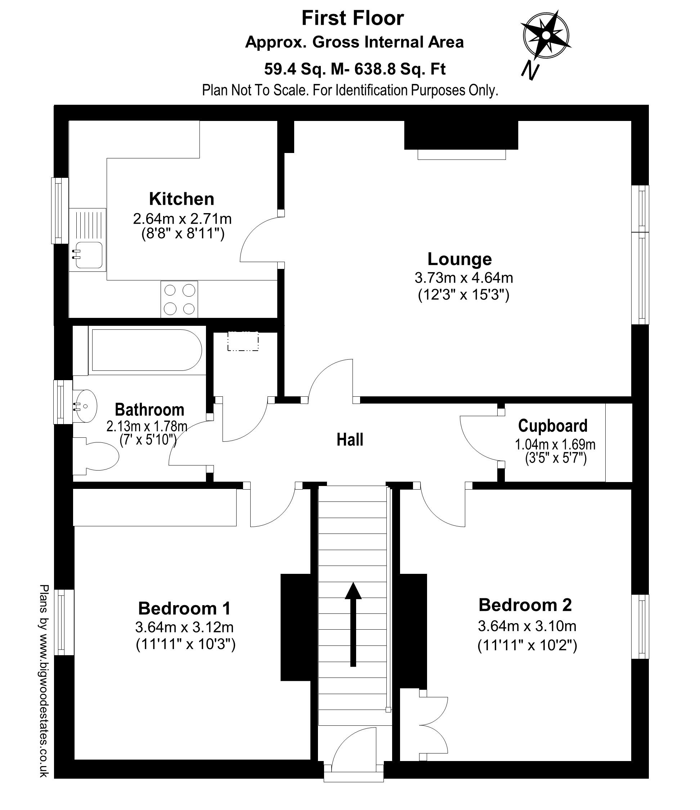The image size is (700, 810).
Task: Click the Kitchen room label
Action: [x=181, y=199]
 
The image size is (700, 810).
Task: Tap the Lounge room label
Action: [x=459, y=259]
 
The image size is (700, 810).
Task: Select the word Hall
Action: [x=350, y=440]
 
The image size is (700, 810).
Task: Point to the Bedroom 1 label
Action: [x=185, y=609]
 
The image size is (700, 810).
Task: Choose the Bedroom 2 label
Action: [x=525, y=605]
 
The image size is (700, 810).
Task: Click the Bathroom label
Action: [x=149, y=410]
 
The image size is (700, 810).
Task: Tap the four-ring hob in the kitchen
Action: [x=179, y=300]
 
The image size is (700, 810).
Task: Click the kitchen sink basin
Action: [x=89, y=255]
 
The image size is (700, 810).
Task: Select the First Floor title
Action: [x=353, y=18]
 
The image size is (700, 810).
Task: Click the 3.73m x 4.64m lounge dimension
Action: [x=464, y=278]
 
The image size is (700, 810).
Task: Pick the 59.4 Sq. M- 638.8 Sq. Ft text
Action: [x=355, y=69]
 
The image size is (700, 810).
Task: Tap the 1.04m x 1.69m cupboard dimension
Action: [x=555, y=445]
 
